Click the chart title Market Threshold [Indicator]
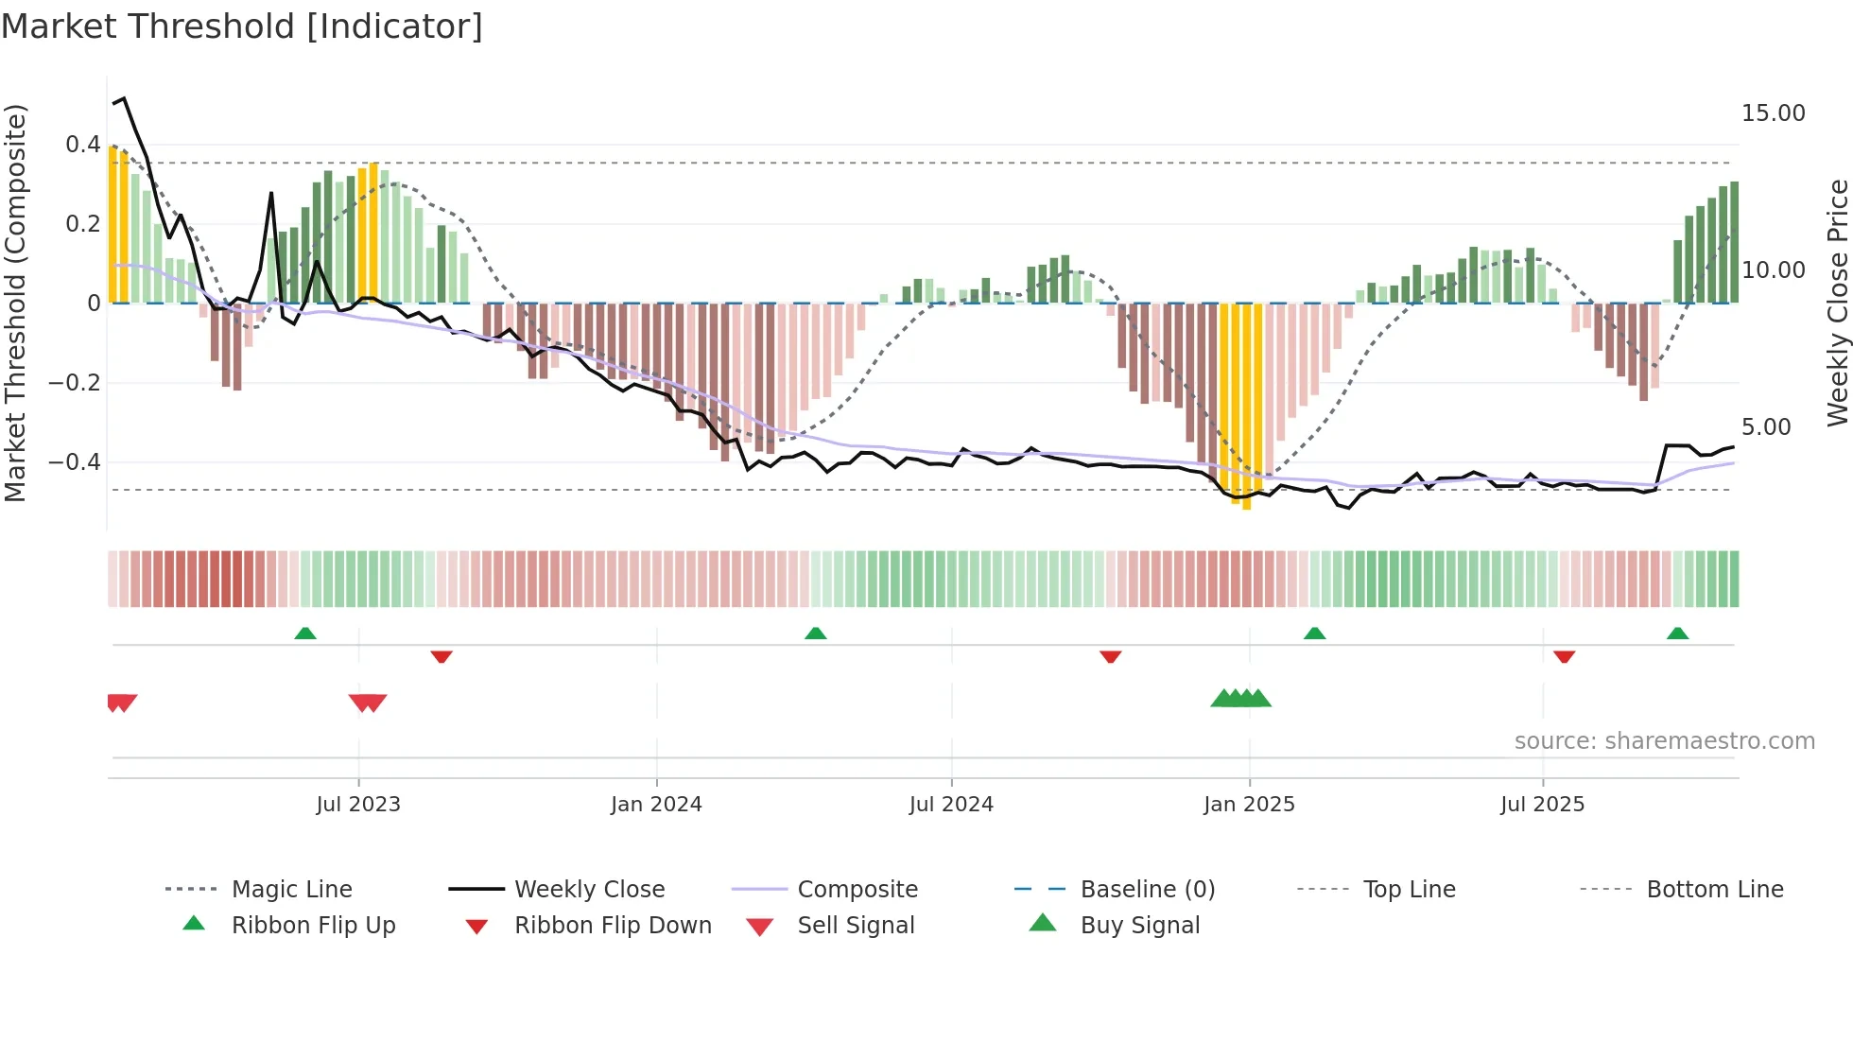(x=242, y=26)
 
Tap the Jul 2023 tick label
(x=358, y=805)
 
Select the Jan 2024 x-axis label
(x=656, y=805)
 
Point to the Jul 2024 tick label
(x=951, y=805)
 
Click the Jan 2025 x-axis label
(x=1249, y=805)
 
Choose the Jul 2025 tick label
(x=1542, y=805)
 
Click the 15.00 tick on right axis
(x=1773, y=113)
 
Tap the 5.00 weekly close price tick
(x=1766, y=427)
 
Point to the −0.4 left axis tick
(x=75, y=462)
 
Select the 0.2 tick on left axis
(x=82, y=224)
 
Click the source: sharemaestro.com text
(x=1664, y=741)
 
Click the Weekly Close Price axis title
(x=1837, y=303)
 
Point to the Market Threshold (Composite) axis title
(x=15, y=303)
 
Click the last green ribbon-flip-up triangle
(x=1677, y=634)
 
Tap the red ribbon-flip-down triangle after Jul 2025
(x=1564, y=656)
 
